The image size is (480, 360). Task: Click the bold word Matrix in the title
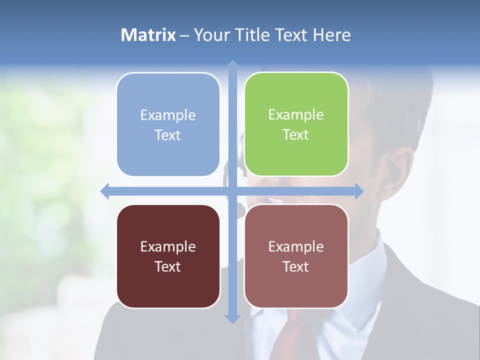tap(148, 35)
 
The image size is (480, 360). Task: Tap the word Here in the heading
tap(332, 35)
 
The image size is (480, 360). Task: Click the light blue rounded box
tap(168, 124)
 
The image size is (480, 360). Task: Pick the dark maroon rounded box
tap(168, 256)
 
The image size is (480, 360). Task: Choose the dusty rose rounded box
tap(296, 256)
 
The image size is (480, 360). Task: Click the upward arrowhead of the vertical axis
tap(232, 64)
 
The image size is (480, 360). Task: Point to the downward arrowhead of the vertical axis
tap(232, 319)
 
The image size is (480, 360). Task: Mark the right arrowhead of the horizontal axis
tap(359, 191)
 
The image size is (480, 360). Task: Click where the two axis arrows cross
tap(232, 191)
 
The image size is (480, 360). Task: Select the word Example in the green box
tap(296, 114)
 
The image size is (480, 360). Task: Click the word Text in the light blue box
tap(167, 135)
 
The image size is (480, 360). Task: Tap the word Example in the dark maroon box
tap(167, 246)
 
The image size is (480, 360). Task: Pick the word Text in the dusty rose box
tap(296, 266)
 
